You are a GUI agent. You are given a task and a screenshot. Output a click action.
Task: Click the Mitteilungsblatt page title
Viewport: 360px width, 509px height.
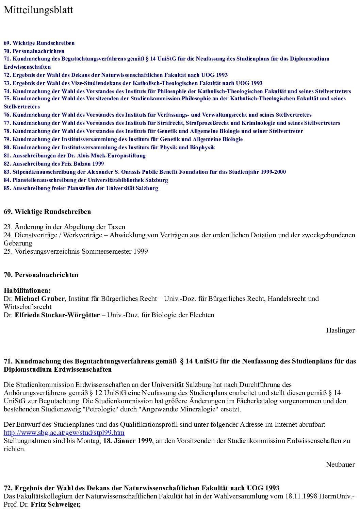pos(38,10)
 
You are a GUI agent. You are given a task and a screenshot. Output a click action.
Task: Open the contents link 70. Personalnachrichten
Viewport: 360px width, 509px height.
pos(34,51)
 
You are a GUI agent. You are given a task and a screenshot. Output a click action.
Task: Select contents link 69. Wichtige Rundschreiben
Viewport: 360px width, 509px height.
pos(39,43)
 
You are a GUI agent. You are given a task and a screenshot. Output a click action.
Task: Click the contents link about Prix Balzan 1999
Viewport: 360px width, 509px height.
pos(54,164)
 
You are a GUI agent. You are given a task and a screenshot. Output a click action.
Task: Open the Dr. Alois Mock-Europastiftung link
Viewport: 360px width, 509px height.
pos(75,155)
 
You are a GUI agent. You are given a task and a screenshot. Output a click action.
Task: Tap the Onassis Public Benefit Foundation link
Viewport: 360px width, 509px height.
pos(145,172)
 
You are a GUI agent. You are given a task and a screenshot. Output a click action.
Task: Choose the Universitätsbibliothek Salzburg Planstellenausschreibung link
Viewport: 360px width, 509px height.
pos(86,180)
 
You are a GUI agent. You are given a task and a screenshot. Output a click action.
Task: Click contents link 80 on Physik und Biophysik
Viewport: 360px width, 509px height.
pos(109,147)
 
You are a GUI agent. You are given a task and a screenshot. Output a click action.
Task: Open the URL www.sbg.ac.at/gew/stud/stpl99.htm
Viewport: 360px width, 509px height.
pos(64,432)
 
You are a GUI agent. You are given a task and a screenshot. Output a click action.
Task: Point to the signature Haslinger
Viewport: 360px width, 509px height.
pos(340,330)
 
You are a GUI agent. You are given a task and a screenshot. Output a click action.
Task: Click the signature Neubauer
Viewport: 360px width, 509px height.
pos(340,464)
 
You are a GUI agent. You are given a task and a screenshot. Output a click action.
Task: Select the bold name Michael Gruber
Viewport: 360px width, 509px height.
pos(39,299)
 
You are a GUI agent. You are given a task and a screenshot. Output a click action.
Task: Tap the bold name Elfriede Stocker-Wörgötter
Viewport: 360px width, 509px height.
pos(57,315)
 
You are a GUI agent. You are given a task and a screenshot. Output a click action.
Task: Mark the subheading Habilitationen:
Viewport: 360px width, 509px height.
pos(27,290)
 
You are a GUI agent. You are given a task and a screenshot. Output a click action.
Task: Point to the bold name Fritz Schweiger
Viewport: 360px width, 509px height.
pos(55,504)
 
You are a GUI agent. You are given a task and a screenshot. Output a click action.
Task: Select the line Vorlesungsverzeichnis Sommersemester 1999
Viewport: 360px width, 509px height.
pos(76,251)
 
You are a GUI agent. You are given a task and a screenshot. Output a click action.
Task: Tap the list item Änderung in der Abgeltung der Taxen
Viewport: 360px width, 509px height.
pos(65,227)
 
